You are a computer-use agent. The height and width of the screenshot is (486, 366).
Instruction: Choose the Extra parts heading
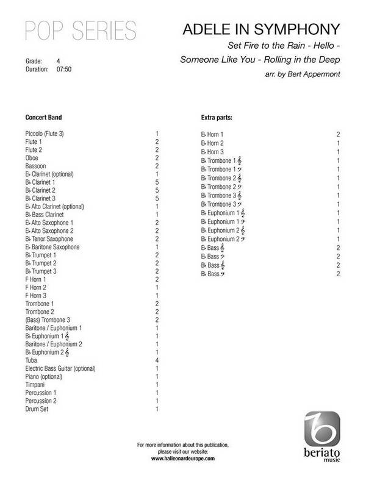coord(217,116)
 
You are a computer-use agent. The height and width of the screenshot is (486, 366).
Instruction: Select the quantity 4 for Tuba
coord(157,360)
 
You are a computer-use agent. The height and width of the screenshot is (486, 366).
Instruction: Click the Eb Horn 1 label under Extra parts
coord(213,133)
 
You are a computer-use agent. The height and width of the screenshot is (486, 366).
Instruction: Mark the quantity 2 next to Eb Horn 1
coord(337,133)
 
